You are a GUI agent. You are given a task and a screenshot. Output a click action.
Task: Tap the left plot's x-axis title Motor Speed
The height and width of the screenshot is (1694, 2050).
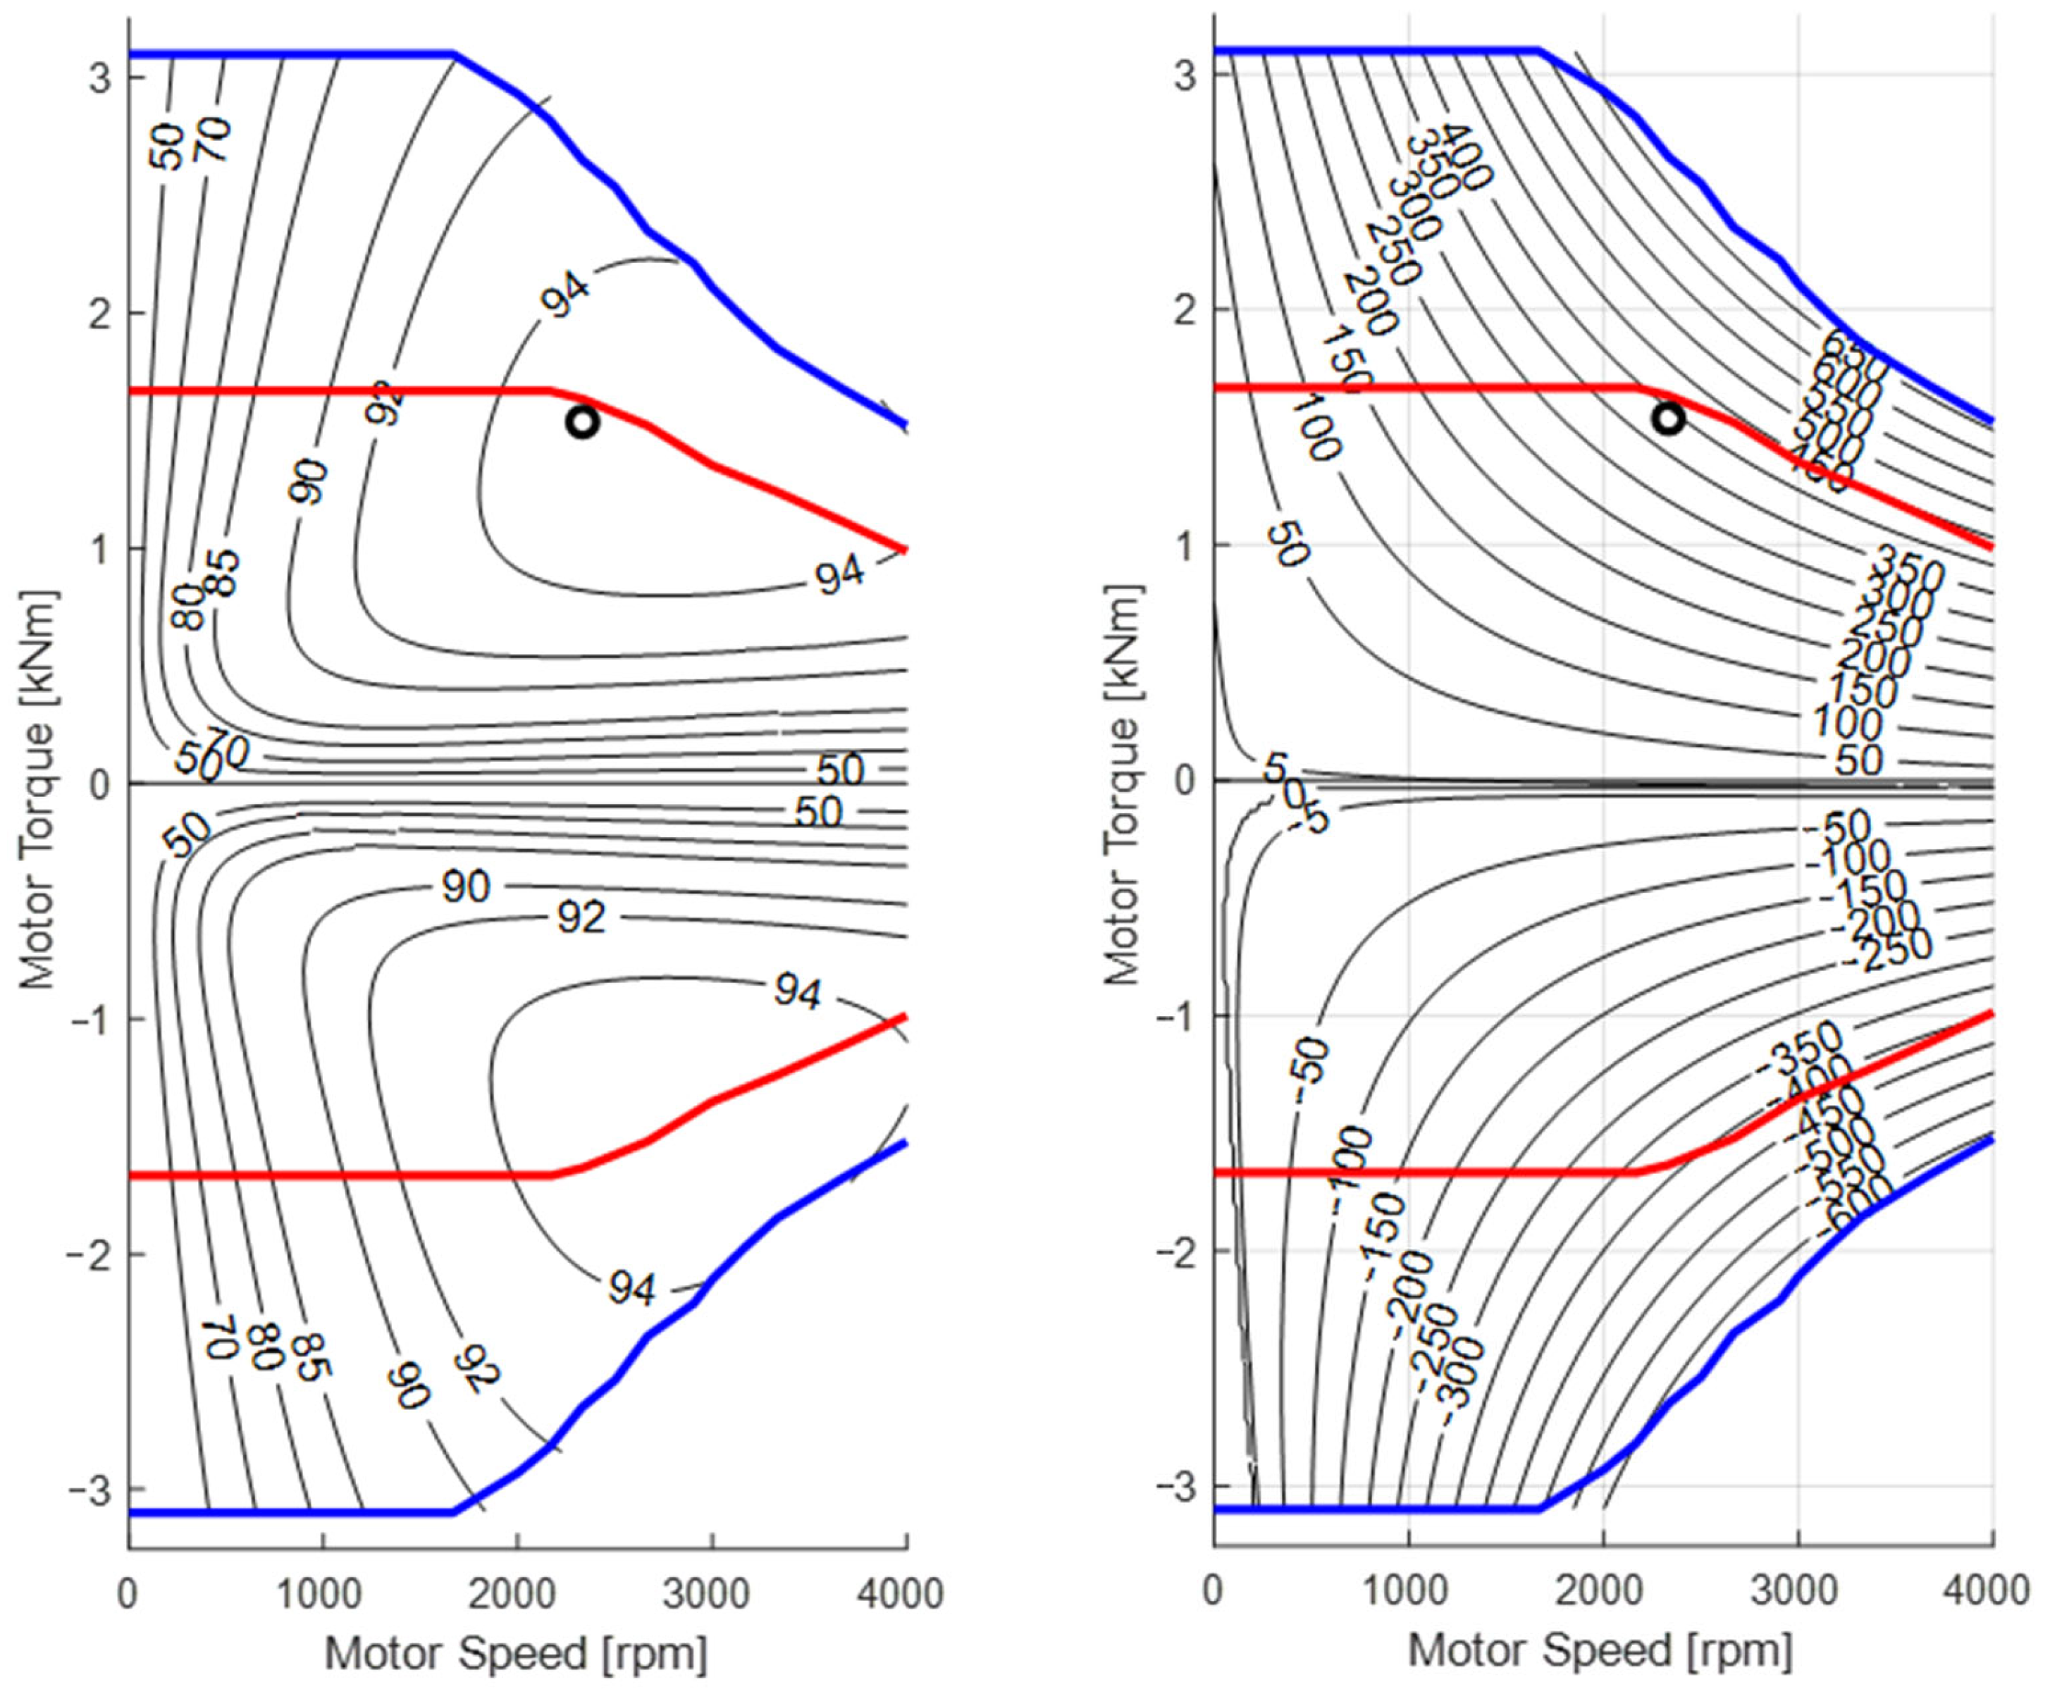[x=515, y=1653]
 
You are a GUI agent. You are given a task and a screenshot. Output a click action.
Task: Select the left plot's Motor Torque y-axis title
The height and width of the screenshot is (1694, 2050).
[x=38, y=789]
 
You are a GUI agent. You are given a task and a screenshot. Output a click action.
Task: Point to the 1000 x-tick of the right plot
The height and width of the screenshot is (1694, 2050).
[x=1408, y=1590]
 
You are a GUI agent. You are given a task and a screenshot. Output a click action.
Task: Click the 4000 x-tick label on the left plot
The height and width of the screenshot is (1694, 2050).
[x=906, y=1593]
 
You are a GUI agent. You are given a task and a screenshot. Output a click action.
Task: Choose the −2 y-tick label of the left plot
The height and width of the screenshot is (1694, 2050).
[x=89, y=1254]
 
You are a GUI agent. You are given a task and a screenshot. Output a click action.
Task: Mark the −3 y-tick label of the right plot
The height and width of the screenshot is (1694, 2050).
[x=1175, y=1486]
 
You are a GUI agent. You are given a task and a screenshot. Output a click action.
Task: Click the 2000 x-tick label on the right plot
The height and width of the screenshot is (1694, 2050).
[x=1602, y=1590]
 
